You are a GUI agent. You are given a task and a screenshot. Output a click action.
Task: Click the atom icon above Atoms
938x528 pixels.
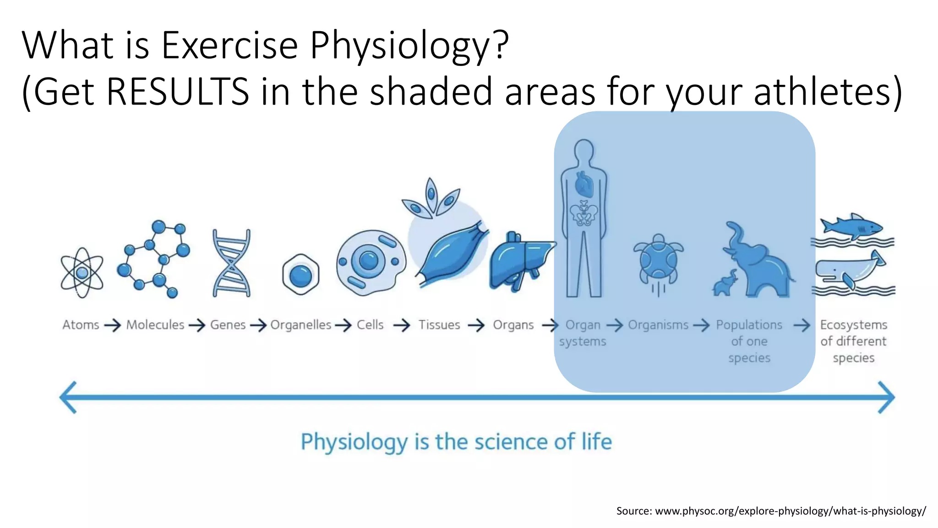(x=82, y=273)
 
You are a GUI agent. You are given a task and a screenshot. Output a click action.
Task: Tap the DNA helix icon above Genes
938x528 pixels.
(x=232, y=263)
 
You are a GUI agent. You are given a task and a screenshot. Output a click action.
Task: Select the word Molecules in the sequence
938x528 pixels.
(x=155, y=325)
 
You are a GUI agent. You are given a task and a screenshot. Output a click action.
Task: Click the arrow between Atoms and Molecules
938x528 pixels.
(x=112, y=325)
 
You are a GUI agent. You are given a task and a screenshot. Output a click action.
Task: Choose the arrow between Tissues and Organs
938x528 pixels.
(x=476, y=325)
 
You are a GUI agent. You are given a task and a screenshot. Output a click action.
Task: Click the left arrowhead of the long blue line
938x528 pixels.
(x=69, y=397)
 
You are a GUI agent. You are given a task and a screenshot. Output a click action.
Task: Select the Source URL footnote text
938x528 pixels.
(x=771, y=511)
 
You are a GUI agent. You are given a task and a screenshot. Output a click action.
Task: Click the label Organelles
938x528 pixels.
(x=300, y=325)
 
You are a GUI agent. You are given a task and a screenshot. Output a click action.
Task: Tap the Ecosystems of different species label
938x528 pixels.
(x=853, y=341)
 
